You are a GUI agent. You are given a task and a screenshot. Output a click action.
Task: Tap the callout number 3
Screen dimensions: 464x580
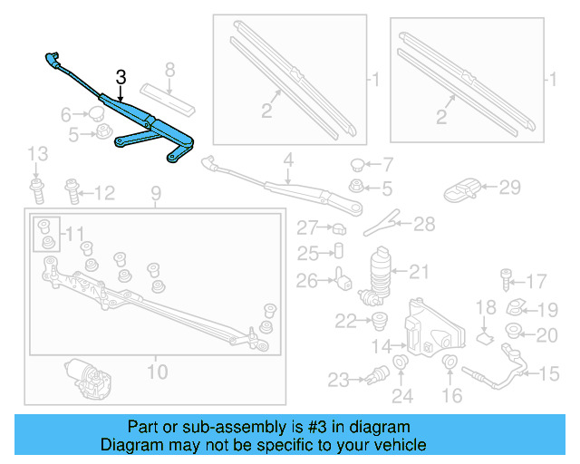coord(119,77)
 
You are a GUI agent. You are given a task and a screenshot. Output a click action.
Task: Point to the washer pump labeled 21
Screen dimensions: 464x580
coord(382,273)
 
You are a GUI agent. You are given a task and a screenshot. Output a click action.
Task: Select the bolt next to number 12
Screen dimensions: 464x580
coord(72,191)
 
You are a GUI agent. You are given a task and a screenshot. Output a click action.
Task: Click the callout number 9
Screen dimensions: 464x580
coord(155,192)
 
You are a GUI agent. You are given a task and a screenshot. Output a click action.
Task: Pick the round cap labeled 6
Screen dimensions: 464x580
coord(95,114)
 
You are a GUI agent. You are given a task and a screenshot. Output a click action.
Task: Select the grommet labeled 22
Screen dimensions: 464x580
coord(376,319)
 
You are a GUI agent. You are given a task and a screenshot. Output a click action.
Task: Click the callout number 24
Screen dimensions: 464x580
coord(401,395)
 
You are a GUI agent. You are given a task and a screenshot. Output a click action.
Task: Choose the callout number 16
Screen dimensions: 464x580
coord(451,395)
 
